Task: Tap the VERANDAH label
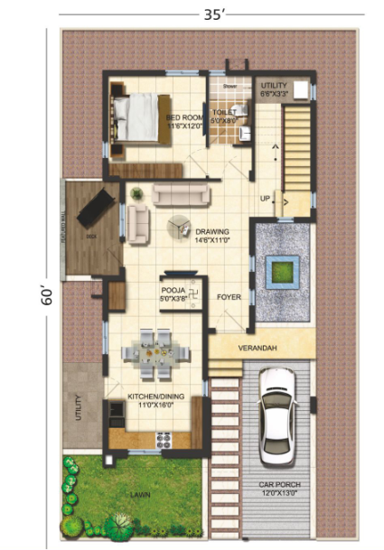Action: (x=257, y=345)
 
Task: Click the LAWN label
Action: (x=139, y=496)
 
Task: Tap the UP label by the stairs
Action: (x=265, y=198)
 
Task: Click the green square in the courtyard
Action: (x=280, y=269)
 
